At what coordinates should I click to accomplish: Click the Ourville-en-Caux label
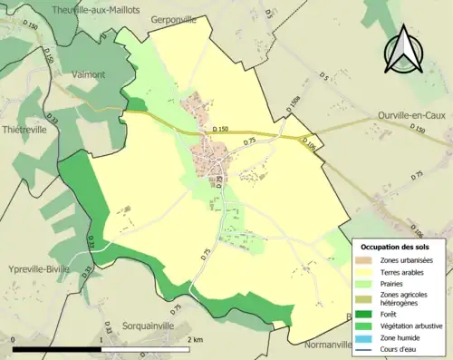(413, 115)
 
